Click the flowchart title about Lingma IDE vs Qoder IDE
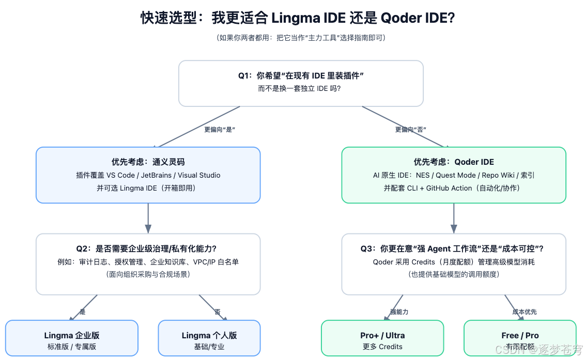click(298, 18)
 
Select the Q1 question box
click(301, 83)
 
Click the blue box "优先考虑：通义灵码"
click(148, 175)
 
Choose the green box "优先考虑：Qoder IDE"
click(453, 175)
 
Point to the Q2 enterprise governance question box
click(148, 263)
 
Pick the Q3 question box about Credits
click(453, 263)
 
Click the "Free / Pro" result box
click(519, 338)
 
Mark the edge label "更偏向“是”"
click(220, 130)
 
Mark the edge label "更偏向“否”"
click(411, 130)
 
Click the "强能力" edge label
click(399, 312)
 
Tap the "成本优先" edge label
click(524, 312)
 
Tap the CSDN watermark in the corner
click(537, 350)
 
